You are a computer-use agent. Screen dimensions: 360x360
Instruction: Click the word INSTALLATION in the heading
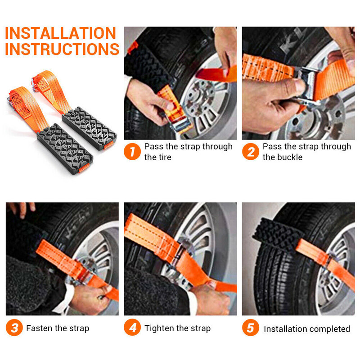point(60,33)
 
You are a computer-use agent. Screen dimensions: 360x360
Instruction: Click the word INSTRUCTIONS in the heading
point(62,49)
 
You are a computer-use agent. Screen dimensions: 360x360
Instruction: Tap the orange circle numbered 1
point(132,152)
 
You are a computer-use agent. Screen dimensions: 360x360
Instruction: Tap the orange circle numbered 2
point(251,152)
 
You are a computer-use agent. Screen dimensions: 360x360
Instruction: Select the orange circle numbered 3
point(14,328)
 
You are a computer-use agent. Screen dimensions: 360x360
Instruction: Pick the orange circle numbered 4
point(132,328)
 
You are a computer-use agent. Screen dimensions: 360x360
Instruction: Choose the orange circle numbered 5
point(251,328)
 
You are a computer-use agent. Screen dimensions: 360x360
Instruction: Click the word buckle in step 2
point(290,157)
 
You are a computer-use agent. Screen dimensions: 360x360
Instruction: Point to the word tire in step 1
point(164,157)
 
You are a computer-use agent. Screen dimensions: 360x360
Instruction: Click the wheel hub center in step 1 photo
point(200,96)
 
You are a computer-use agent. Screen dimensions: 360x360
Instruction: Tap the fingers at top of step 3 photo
point(21,208)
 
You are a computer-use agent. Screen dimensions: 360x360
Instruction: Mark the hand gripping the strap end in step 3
point(88,298)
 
